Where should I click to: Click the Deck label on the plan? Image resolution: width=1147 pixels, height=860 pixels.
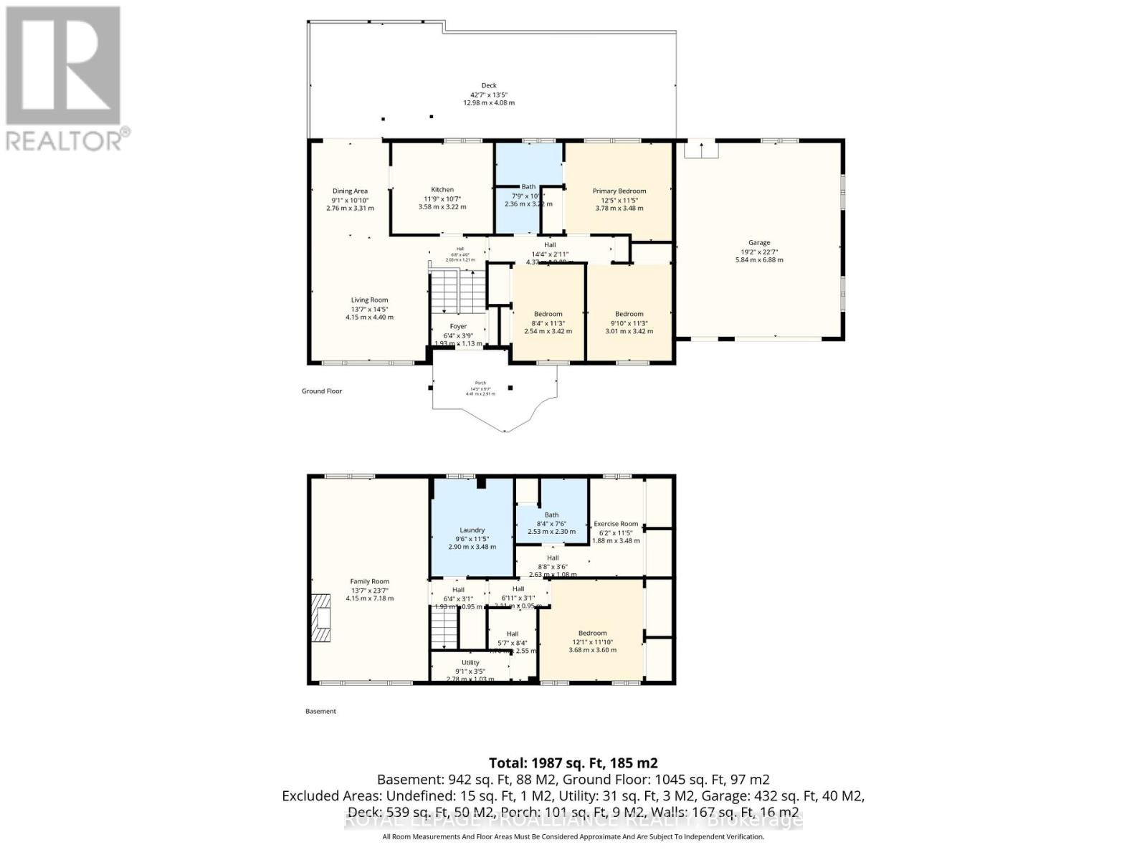pyautogui.click(x=488, y=85)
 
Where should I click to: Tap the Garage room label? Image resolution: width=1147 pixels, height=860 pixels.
pyautogui.click(x=759, y=243)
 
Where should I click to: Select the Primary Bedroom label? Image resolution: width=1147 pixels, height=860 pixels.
pyautogui.click(x=619, y=191)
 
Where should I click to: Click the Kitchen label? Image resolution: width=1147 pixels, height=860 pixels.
pyautogui.click(x=442, y=190)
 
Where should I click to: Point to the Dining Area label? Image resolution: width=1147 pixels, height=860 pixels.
pyautogui.click(x=350, y=191)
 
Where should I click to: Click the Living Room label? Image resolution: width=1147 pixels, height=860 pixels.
pyautogui.click(x=369, y=300)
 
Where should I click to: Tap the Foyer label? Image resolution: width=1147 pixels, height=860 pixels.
pyautogui.click(x=458, y=327)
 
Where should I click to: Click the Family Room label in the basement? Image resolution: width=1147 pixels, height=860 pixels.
pyautogui.click(x=369, y=582)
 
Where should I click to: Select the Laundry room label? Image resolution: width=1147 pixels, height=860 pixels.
pyautogui.click(x=472, y=530)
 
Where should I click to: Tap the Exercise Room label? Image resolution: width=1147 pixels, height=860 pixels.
pyautogui.click(x=615, y=524)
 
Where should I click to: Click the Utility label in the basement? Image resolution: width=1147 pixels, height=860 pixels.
pyautogui.click(x=470, y=663)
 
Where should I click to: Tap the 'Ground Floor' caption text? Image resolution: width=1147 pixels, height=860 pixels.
pyautogui.click(x=321, y=391)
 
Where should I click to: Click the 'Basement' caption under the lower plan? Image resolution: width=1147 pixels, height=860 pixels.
pyautogui.click(x=320, y=712)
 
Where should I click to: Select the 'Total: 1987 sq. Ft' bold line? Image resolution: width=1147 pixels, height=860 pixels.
pyautogui.click(x=573, y=763)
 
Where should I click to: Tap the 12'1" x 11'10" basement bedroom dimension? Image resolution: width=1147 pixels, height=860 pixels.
pyautogui.click(x=592, y=642)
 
